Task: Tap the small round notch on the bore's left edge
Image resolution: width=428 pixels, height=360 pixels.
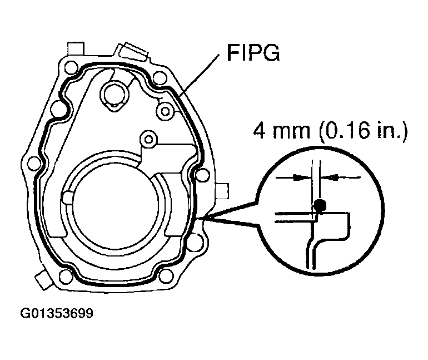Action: pyautogui.click(x=67, y=198)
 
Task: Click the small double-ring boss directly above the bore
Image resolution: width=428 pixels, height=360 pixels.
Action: pyautogui.click(x=147, y=137)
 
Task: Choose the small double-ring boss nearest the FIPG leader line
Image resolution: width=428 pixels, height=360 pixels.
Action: pyautogui.click(x=165, y=111)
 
